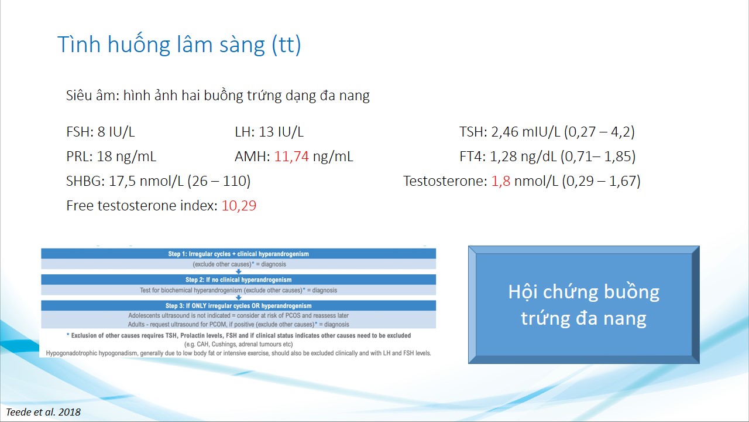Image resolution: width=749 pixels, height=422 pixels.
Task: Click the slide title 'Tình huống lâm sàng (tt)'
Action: click(x=179, y=44)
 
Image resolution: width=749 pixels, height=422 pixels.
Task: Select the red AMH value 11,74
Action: click(x=291, y=156)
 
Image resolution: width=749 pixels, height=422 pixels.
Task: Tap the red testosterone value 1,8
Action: click(x=500, y=181)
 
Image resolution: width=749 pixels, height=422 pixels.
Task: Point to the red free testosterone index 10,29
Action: click(x=239, y=205)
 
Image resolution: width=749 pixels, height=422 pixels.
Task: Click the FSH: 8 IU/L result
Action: click(x=100, y=132)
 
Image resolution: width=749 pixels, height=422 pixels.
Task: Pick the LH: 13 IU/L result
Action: click(x=269, y=132)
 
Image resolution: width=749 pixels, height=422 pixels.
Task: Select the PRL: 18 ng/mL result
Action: click(x=111, y=156)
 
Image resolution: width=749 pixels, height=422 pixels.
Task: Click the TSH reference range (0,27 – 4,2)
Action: click(x=599, y=132)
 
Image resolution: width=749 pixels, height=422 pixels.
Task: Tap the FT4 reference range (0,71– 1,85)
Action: click(x=598, y=156)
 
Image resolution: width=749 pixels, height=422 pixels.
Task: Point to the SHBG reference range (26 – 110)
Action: click(x=219, y=181)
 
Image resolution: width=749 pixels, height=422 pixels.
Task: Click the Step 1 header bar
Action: click(x=238, y=254)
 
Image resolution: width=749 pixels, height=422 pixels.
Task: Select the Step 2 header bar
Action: click(x=238, y=280)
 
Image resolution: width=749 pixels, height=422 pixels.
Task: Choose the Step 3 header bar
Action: click(x=238, y=305)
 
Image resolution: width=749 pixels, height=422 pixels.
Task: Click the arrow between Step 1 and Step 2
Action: click(x=238, y=271)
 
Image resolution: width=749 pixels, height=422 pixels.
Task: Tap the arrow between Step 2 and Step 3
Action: click(x=238, y=298)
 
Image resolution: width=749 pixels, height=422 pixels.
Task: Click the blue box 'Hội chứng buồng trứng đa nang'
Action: click(x=584, y=305)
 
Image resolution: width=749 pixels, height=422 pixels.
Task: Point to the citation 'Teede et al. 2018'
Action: click(x=43, y=412)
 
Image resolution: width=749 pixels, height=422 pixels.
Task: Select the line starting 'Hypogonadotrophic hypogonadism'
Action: click(x=238, y=353)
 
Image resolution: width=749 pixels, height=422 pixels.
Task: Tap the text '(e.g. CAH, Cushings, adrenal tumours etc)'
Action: click(x=238, y=344)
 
